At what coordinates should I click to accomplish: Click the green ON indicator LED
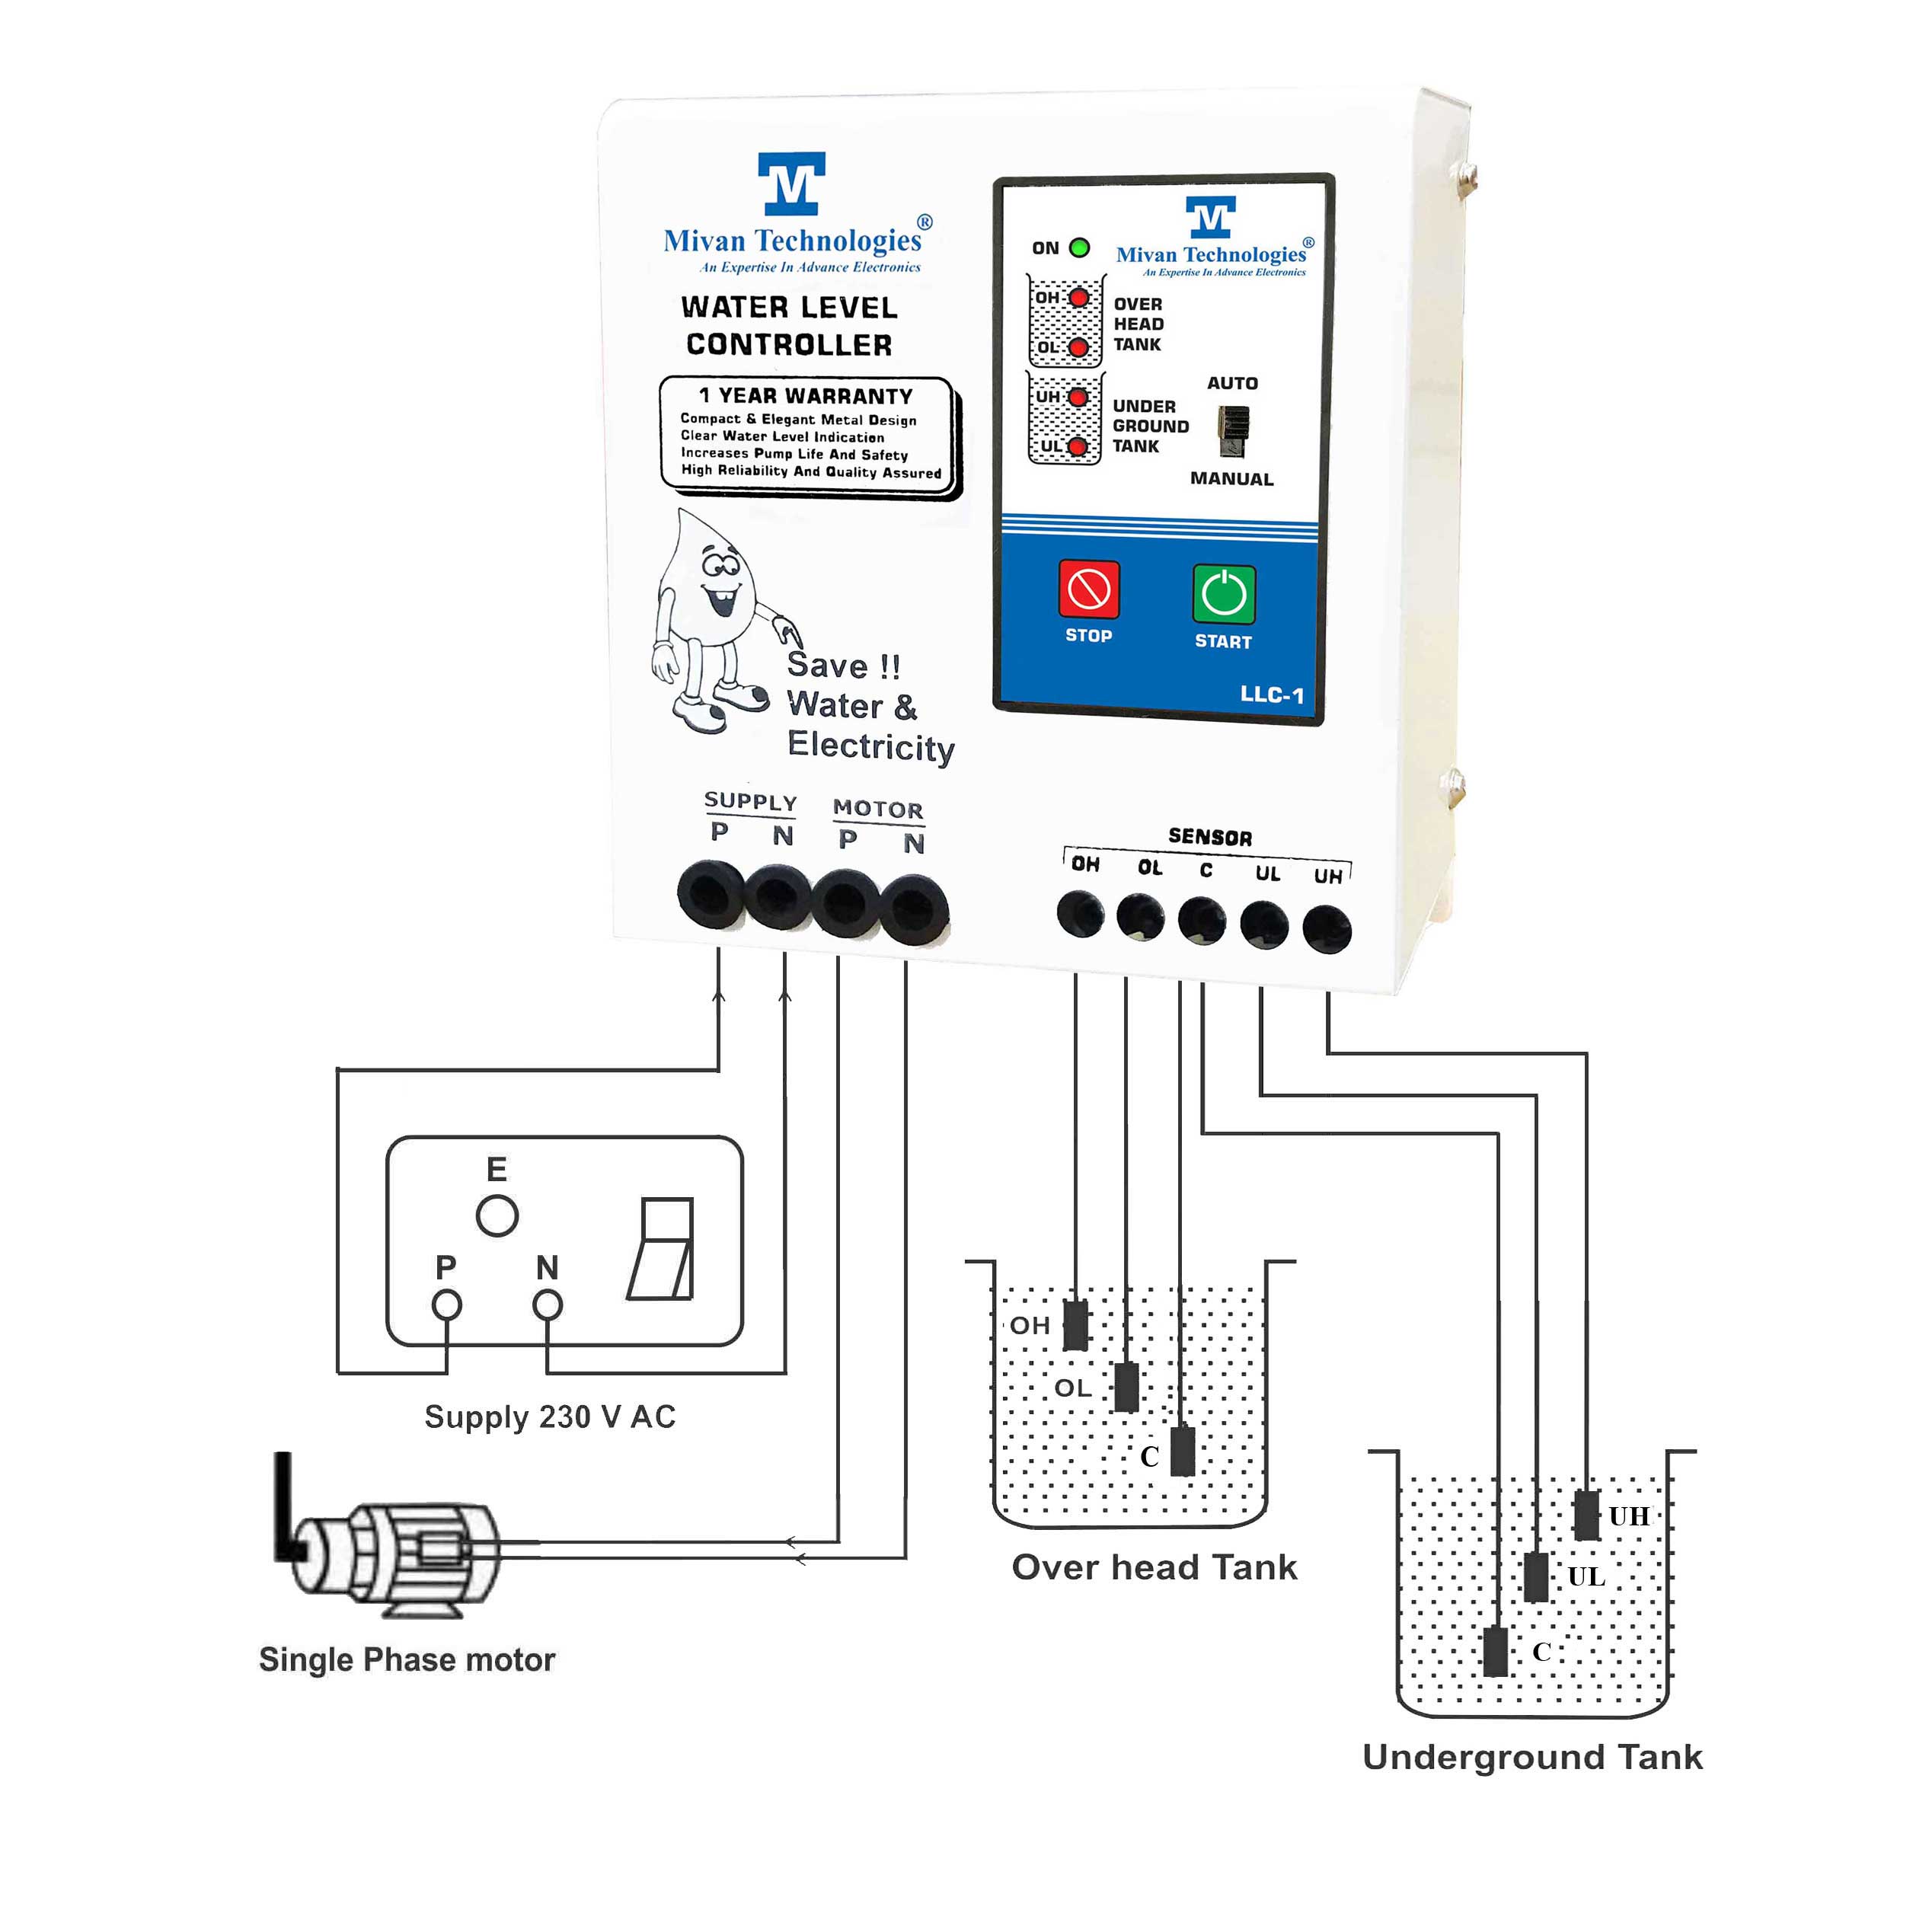(1079, 248)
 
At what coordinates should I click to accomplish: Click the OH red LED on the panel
(1078, 298)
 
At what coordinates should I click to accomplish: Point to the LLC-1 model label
(1271, 695)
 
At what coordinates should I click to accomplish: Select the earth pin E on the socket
(497, 1216)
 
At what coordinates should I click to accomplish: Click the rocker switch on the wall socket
(662, 1249)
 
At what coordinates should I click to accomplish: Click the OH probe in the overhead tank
(1075, 1325)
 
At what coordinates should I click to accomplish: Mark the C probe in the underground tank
(1495, 1652)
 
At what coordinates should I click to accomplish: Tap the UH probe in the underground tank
(1586, 1515)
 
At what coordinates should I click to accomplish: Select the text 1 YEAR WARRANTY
(805, 395)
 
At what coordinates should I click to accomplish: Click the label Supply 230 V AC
(550, 1416)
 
